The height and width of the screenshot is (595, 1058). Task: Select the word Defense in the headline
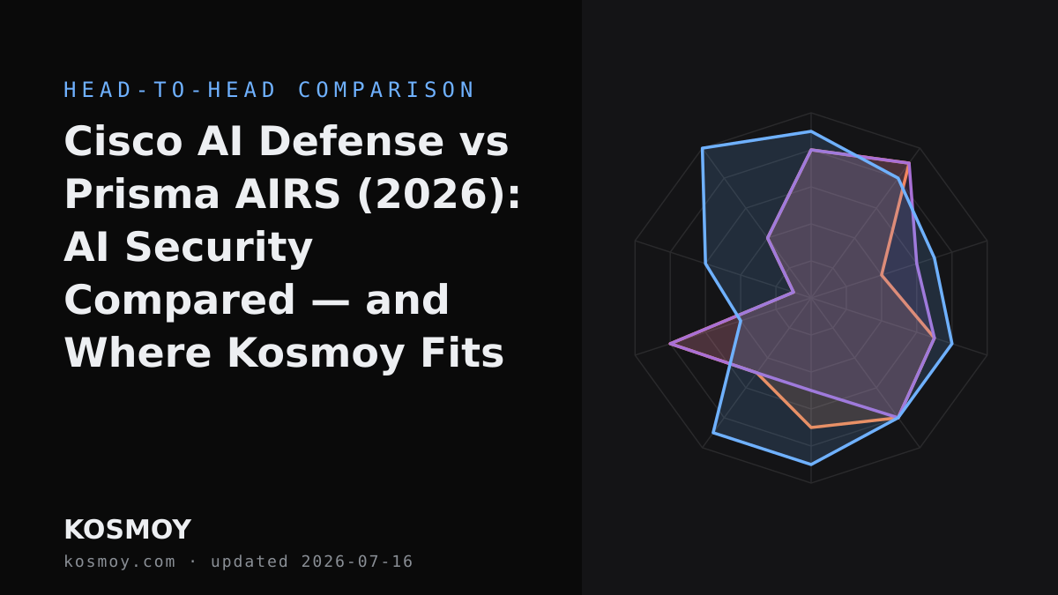[x=352, y=141]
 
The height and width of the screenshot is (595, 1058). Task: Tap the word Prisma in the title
[x=142, y=194]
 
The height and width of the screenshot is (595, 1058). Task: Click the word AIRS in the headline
[x=287, y=194]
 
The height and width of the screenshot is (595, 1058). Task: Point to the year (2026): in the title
[x=439, y=194]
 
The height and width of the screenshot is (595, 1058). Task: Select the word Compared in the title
[x=180, y=301]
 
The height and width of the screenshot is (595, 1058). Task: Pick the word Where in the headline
[x=138, y=353]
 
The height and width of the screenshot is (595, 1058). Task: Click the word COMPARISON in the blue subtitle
[x=386, y=90]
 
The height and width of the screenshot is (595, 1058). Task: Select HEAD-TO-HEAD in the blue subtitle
[x=170, y=90]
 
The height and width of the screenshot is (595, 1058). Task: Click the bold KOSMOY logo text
[x=128, y=530]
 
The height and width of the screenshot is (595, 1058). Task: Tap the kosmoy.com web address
[x=120, y=562]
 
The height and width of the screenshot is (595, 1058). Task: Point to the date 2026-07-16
[x=357, y=562]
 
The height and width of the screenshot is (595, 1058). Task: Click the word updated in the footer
[x=250, y=562]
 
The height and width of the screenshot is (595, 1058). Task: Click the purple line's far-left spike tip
[x=670, y=344]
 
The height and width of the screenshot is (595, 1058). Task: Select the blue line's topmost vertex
[x=811, y=130]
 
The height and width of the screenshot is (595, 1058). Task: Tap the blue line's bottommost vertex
[x=811, y=465]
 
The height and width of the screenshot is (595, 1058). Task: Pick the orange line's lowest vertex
[x=811, y=428]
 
